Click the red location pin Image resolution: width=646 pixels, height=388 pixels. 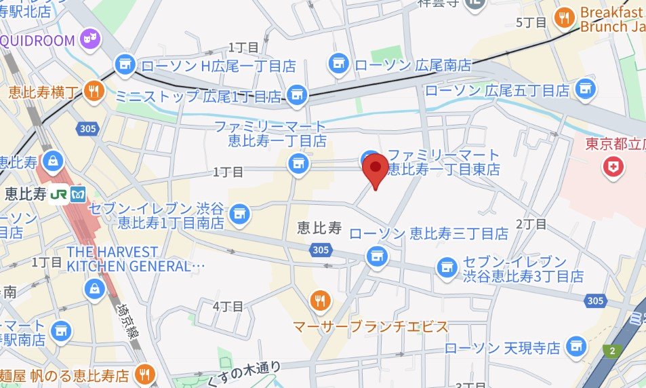pos(375,168)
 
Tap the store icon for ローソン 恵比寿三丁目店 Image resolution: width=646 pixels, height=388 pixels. pos(375,256)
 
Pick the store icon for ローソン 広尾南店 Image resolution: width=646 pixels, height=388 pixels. pos(338,64)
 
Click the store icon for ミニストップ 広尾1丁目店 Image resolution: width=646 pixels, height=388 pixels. pos(296,96)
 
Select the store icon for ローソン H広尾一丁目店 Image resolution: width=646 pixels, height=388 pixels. pos(124,64)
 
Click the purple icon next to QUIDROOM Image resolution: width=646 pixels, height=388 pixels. pos(88,40)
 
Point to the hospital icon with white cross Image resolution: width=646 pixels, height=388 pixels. pos(614,167)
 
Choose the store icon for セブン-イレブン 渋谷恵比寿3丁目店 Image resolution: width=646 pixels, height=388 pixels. pos(446,268)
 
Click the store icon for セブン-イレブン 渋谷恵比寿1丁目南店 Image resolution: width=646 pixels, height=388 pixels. pos(239,214)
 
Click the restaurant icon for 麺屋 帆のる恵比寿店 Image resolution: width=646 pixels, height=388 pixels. pos(144,374)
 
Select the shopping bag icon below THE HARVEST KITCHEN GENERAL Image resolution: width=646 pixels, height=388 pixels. pos(94,289)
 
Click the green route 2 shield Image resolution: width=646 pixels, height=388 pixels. pos(612,350)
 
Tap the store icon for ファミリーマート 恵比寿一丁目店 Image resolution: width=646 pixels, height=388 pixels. pos(296,163)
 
